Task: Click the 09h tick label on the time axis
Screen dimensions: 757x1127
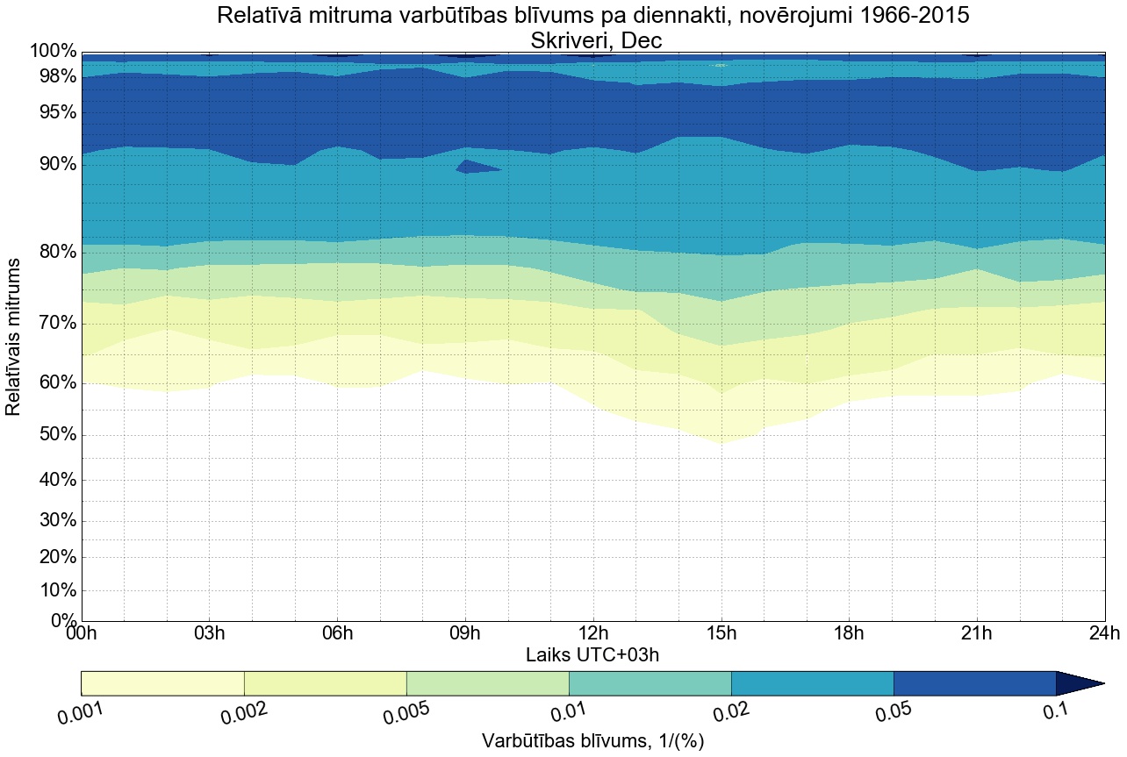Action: point(465,634)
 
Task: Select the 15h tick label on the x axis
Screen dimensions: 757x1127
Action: point(721,634)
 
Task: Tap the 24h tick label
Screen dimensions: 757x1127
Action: point(1104,634)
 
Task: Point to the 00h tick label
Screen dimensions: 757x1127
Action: point(82,634)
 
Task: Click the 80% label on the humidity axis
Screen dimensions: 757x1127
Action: point(54,253)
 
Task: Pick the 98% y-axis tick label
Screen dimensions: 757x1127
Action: point(54,77)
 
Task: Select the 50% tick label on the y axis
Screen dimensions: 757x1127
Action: point(54,436)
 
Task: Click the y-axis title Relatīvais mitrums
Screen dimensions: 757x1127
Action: point(14,337)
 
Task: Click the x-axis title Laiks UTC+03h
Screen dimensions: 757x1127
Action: point(592,654)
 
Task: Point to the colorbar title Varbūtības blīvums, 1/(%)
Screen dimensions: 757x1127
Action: point(592,740)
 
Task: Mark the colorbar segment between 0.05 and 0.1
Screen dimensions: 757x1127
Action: point(974,683)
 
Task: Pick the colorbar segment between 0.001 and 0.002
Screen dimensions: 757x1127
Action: point(162,683)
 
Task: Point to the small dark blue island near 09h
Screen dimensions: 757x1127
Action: point(474,167)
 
